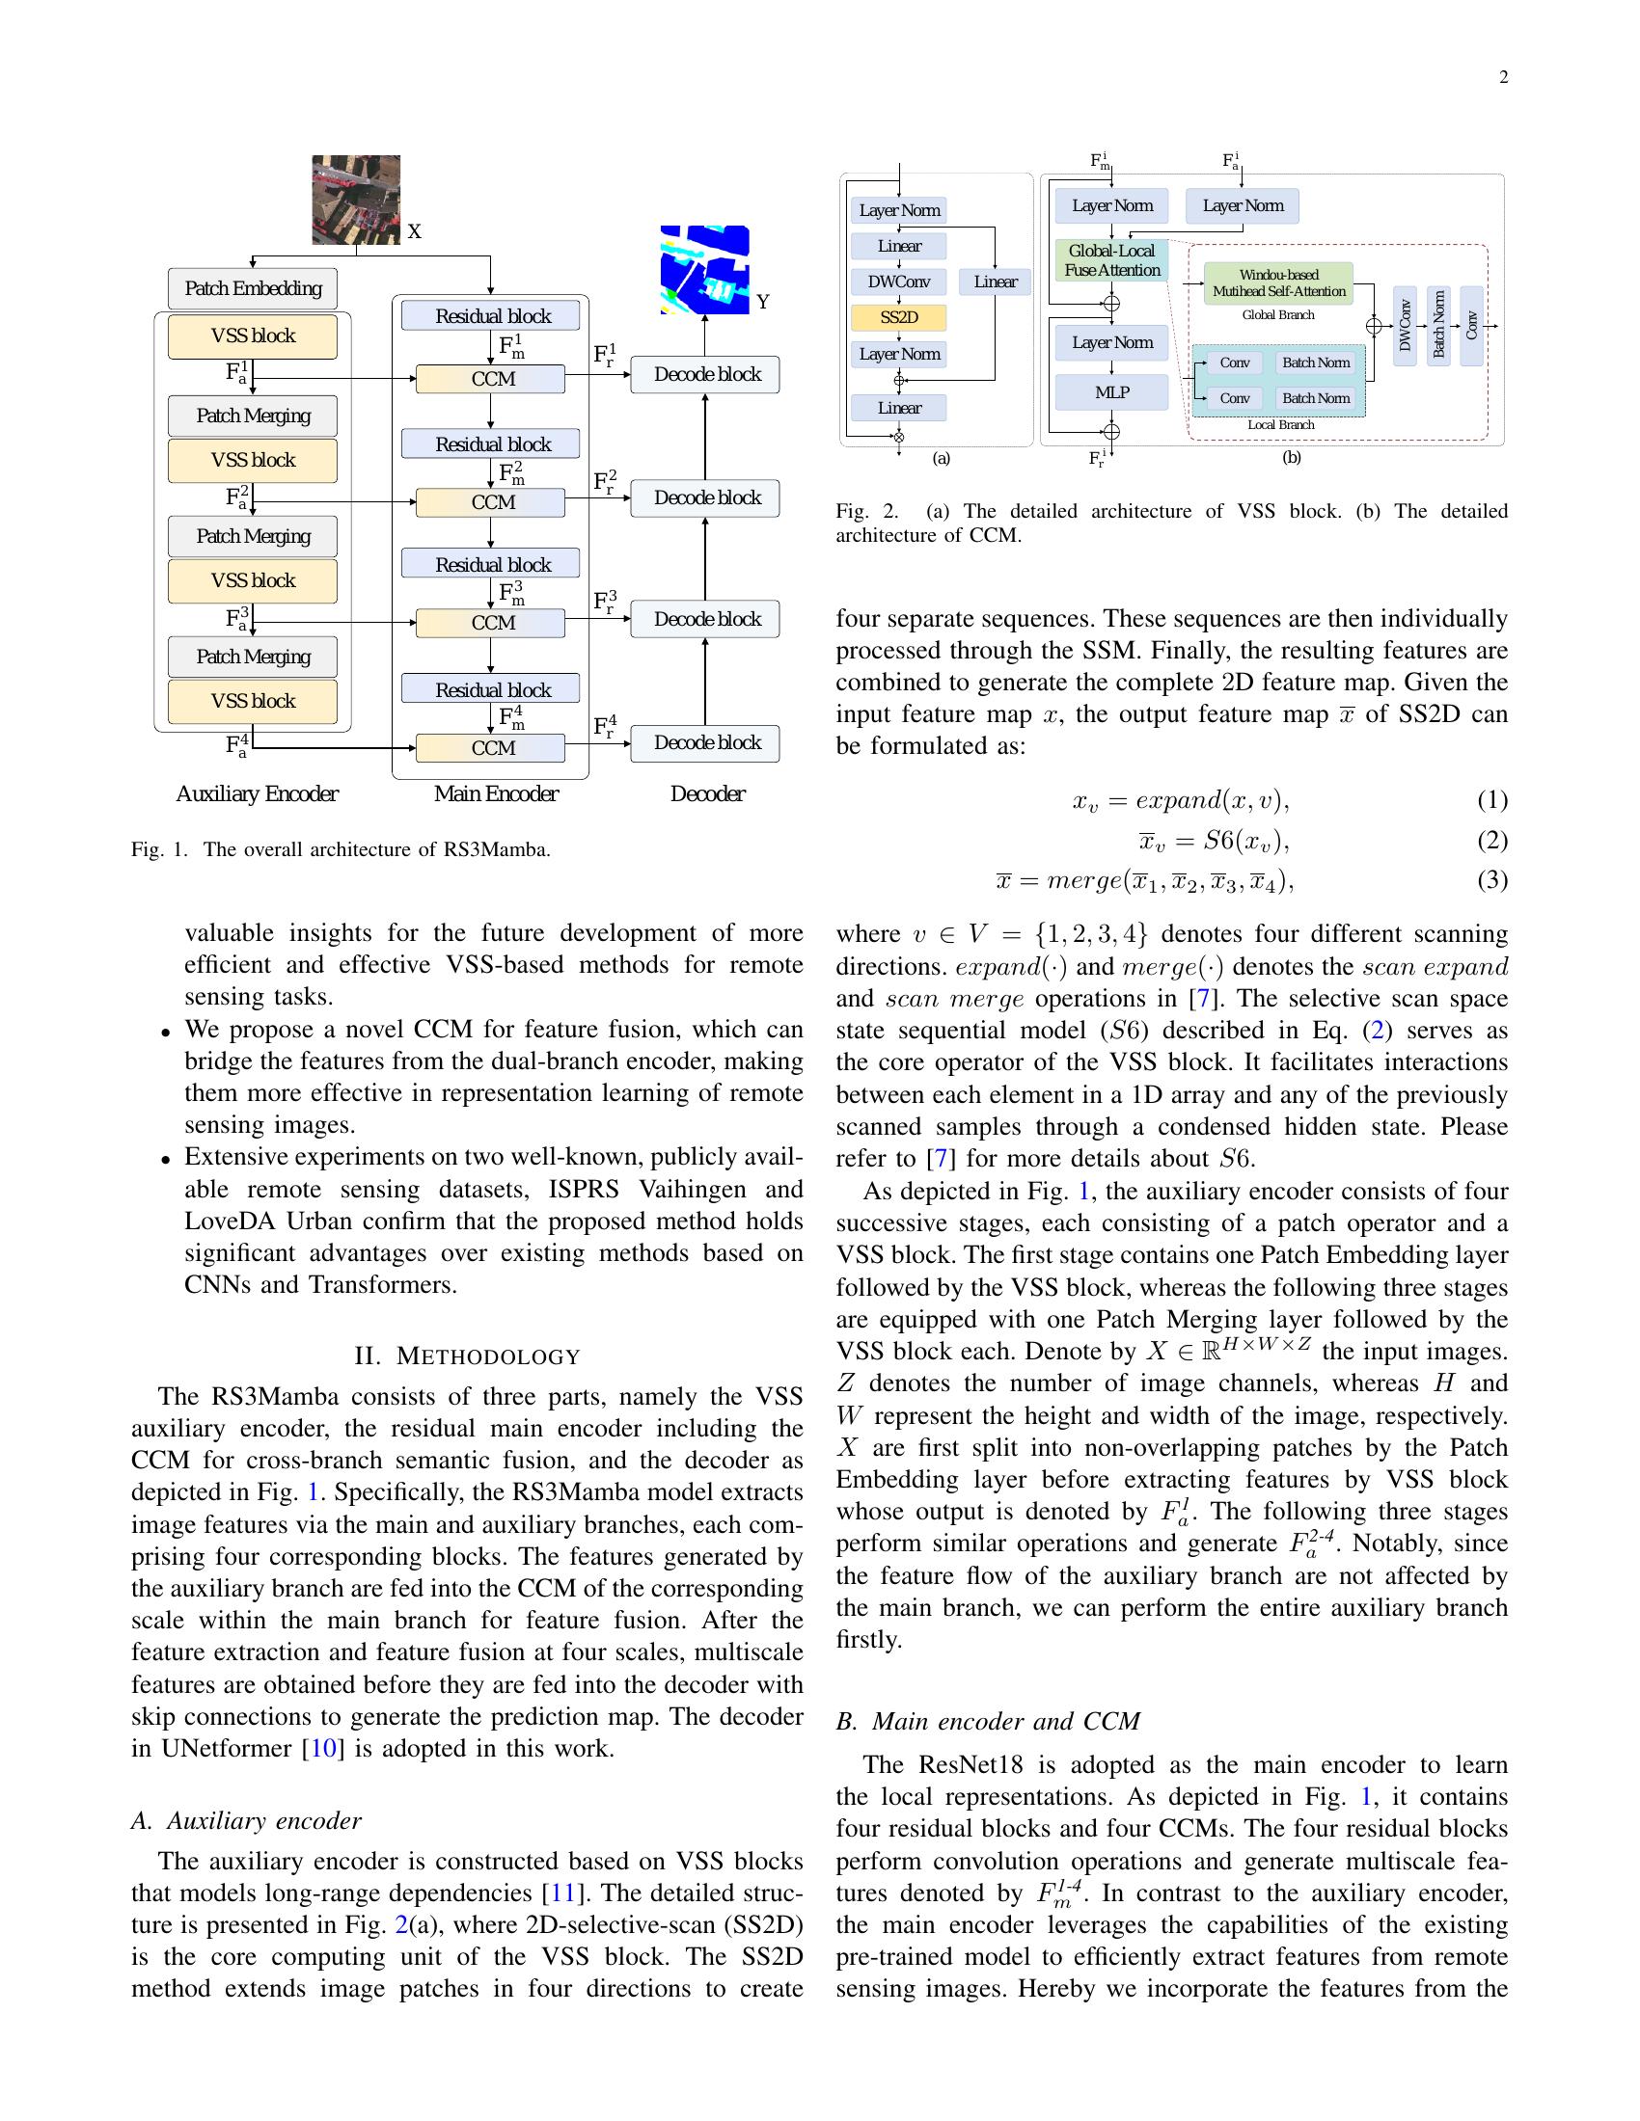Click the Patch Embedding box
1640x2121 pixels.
point(253,288)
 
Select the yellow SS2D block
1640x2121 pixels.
point(899,317)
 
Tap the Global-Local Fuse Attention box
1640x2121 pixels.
point(1111,260)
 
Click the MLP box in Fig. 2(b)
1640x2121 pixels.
point(1111,392)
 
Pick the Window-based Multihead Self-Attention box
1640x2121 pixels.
point(1278,282)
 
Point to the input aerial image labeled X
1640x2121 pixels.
point(356,200)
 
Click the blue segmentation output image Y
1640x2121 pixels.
point(704,269)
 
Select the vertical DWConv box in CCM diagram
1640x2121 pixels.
point(1405,325)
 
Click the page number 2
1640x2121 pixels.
point(1503,79)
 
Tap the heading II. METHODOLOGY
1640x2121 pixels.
point(467,1356)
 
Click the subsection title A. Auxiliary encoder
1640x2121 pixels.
point(247,1820)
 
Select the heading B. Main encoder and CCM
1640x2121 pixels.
point(988,1721)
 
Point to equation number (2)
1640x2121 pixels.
point(1491,840)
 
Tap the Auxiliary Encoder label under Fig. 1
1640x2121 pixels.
point(257,793)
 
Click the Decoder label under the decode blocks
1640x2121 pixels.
point(707,793)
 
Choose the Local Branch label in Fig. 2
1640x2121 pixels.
point(1280,424)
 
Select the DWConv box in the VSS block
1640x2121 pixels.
point(899,282)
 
